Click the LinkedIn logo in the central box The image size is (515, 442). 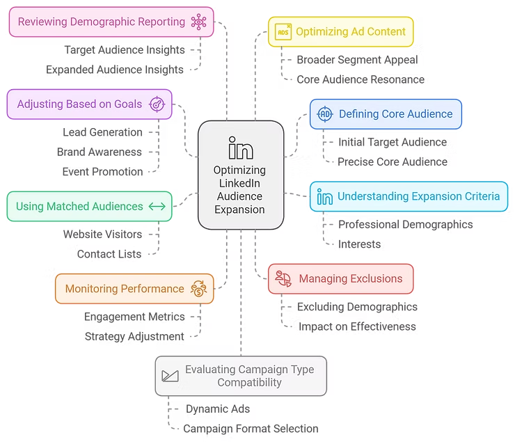pos(241,148)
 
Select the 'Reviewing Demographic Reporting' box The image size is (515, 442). pos(111,22)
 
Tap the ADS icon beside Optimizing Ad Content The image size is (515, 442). pos(283,32)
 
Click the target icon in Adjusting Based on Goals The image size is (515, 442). pos(157,104)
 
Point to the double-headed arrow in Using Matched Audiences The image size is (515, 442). pos(157,206)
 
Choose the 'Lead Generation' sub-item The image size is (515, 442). pos(102,132)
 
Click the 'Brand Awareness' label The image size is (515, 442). pos(100,152)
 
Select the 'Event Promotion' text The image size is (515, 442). pos(102,171)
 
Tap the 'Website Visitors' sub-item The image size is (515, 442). pos(102,234)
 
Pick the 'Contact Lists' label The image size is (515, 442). pos(109,254)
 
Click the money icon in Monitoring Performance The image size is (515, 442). pos(199,289)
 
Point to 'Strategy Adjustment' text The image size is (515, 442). pos(134,336)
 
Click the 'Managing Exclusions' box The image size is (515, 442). pos(340,279)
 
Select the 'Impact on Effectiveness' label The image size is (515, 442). pos(357,326)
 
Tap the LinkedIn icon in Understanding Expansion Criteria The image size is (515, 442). pos(324,196)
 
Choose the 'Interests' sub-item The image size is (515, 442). pos(359,244)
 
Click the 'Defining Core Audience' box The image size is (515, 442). pos(386,114)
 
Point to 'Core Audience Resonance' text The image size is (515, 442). pos(360,79)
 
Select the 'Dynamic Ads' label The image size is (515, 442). pos(218,409)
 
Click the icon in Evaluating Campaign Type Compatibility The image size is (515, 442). pos(170,376)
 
